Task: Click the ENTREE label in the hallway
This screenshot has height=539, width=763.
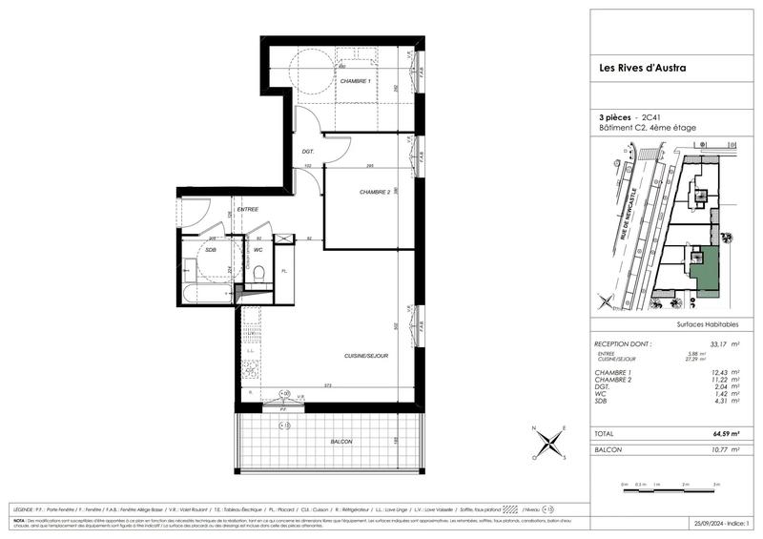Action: [247, 209]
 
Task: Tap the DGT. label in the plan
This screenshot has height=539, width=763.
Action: [308, 152]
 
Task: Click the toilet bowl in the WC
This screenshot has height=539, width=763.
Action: [258, 272]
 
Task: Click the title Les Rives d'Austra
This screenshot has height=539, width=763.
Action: [640, 68]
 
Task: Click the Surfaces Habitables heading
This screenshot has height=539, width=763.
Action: [707, 324]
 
